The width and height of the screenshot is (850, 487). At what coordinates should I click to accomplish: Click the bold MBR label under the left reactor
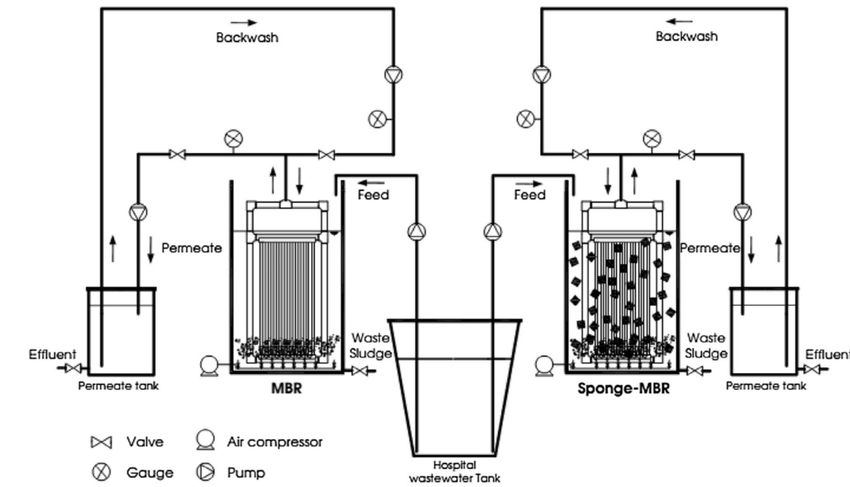(286, 389)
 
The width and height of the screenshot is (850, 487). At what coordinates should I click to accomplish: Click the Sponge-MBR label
(623, 389)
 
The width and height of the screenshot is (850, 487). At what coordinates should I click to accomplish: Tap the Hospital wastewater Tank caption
(454, 471)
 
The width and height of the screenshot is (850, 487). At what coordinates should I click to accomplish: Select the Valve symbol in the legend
(101, 442)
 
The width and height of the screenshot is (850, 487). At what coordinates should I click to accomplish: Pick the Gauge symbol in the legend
(101, 472)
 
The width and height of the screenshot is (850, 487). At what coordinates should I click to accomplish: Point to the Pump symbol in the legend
(205, 472)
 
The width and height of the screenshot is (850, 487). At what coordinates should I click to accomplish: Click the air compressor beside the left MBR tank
(208, 365)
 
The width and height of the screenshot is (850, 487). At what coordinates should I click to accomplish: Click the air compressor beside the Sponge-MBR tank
(544, 365)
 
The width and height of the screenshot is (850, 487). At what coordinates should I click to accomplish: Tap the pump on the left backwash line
(393, 75)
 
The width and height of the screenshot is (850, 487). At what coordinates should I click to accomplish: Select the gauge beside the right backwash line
(526, 119)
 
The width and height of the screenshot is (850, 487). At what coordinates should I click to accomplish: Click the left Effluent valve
(72, 368)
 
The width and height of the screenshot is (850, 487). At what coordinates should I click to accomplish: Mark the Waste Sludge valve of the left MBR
(360, 371)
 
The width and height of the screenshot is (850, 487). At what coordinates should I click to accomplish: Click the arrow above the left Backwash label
(244, 22)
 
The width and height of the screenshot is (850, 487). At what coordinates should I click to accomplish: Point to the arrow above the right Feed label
(529, 184)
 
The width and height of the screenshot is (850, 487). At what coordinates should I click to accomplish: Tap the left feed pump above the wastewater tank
(417, 231)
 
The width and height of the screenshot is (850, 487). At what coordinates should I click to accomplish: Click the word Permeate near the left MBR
(192, 248)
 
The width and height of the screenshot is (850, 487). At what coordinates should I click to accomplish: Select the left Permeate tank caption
(118, 386)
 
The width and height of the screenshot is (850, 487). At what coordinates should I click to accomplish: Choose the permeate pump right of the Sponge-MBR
(743, 212)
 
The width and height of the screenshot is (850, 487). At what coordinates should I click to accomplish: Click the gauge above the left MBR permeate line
(233, 138)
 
